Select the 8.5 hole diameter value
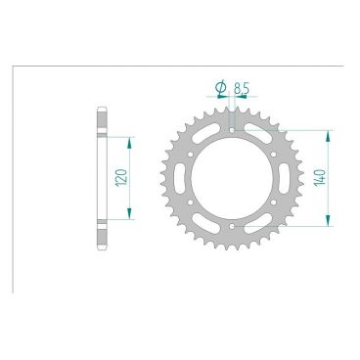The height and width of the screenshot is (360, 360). tap(240, 89)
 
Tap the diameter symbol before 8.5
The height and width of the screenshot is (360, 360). tap(222, 89)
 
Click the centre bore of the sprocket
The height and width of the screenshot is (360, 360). tap(230, 178)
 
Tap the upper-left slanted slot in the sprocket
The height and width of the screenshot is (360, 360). tap(205, 136)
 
